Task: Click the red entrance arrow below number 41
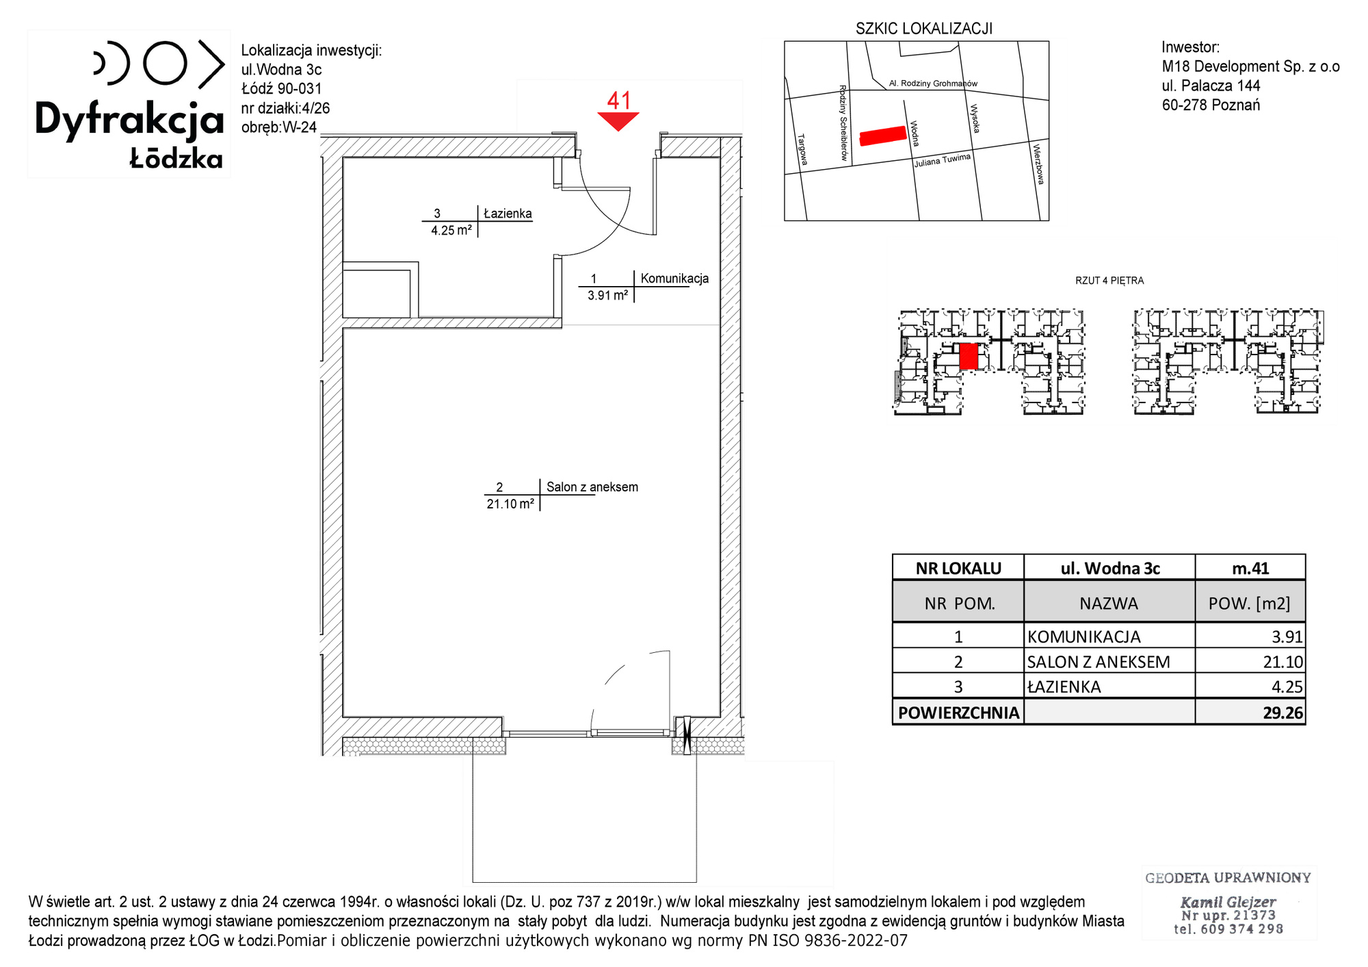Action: (618, 120)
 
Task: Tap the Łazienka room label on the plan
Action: (508, 214)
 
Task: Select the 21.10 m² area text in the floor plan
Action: (510, 504)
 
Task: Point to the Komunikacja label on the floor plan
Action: (674, 279)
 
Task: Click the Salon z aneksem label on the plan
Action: (592, 487)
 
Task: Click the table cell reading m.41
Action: (1250, 568)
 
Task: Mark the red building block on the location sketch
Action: (882, 136)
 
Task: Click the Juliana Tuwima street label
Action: (943, 161)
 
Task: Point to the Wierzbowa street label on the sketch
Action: (1038, 164)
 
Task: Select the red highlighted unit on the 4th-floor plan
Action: (969, 357)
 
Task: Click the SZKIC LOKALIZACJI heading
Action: (924, 29)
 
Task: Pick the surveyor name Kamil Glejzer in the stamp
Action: (1228, 902)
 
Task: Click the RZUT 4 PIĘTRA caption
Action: (1109, 281)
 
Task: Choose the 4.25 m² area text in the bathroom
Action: (451, 231)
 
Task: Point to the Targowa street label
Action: (803, 149)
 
